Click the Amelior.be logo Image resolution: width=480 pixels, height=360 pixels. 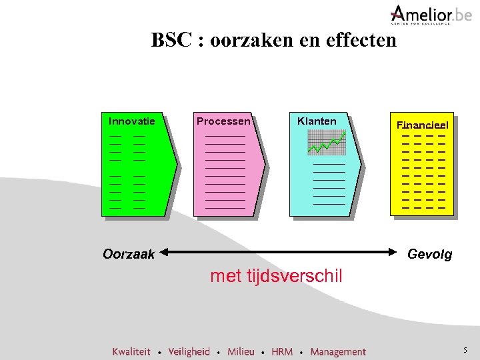coord(421,14)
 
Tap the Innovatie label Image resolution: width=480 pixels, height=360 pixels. coord(131,121)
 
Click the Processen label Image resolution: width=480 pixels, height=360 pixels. coord(223,121)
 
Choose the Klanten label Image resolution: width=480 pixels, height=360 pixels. coord(317,121)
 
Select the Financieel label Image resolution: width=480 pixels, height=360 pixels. coord(423,125)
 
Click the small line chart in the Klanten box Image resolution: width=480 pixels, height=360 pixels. coord(327,142)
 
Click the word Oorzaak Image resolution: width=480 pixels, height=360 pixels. coord(129,254)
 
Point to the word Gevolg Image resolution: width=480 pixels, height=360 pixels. coord(429,254)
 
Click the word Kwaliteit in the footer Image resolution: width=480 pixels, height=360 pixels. coord(131,351)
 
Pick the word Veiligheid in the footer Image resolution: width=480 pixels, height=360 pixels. coord(189,351)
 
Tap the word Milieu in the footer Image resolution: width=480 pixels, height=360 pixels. coord(241,351)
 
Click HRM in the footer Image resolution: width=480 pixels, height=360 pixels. coord(282,351)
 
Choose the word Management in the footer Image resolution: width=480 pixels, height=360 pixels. coord(338,351)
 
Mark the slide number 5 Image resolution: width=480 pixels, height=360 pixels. coord(465,351)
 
